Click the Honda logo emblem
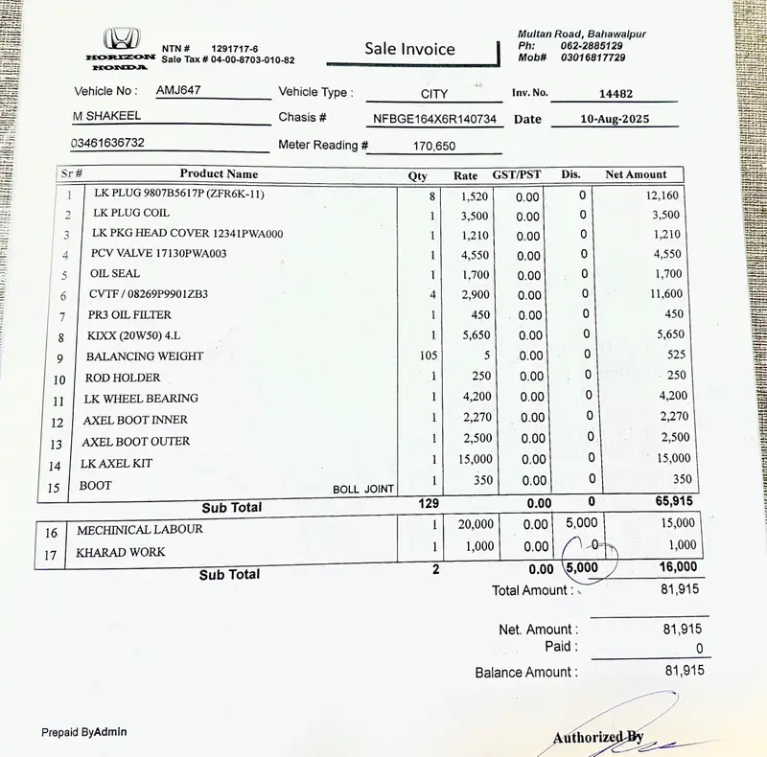(121, 39)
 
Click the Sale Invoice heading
(409, 49)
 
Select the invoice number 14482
(616, 94)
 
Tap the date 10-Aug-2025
(616, 120)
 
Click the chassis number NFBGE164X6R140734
(435, 120)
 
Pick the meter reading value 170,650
(434, 147)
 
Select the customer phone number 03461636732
(107, 143)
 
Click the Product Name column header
(219, 174)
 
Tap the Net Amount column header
(636, 174)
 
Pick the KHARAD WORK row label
(121, 553)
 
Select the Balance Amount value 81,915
(684, 671)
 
